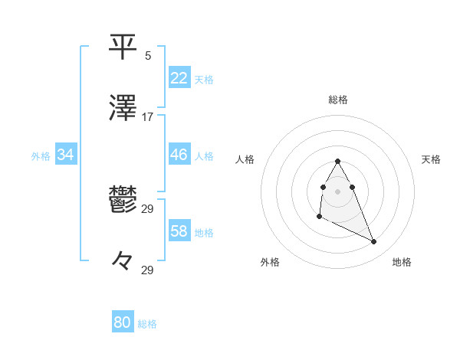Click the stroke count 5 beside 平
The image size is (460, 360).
pyautogui.click(x=148, y=55)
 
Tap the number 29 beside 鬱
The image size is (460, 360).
pyautogui.click(x=148, y=209)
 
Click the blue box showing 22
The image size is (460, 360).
pyautogui.click(x=179, y=77)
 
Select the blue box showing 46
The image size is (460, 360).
pyautogui.click(x=179, y=155)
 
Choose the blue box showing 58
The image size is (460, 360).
pyautogui.click(x=179, y=231)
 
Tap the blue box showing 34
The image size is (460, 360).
pyautogui.click(x=66, y=155)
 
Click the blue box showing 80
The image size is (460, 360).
pyautogui.click(x=123, y=322)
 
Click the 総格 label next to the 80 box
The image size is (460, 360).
pyautogui.click(x=147, y=324)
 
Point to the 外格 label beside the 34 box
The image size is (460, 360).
pyautogui.click(x=41, y=156)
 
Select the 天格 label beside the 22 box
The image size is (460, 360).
pyautogui.click(x=204, y=79)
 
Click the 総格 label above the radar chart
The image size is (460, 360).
pyautogui.click(x=337, y=100)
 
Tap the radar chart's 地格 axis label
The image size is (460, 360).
pyautogui.click(x=402, y=262)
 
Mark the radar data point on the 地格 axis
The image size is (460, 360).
pyautogui.click(x=374, y=241)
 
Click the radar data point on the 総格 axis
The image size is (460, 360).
pyautogui.click(x=337, y=161)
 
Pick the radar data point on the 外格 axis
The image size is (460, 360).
pyautogui.click(x=319, y=217)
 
